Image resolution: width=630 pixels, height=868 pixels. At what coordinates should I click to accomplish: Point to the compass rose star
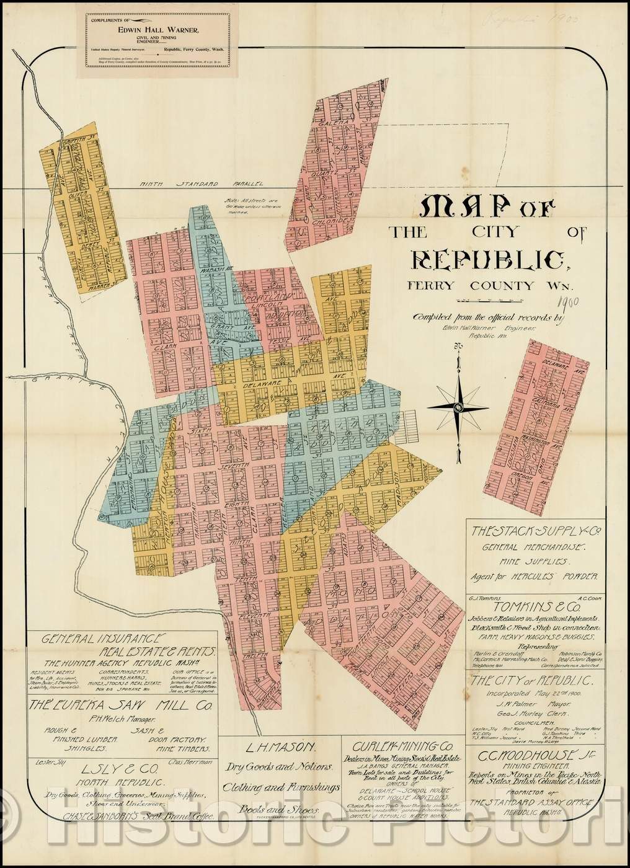click(458, 407)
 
